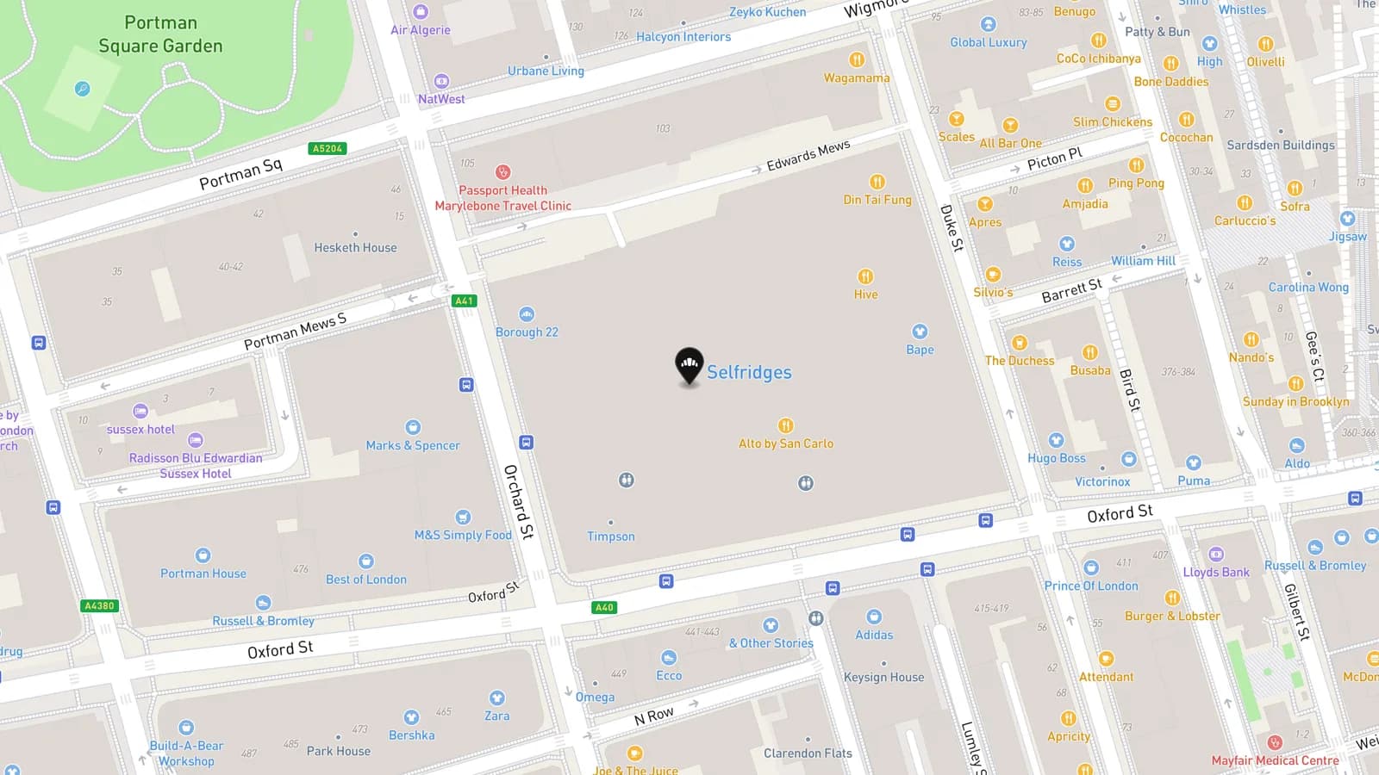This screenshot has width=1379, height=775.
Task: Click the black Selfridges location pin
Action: (x=689, y=366)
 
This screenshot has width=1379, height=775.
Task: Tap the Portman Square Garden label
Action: (x=160, y=34)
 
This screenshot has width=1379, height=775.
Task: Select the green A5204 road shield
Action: (x=328, y=148)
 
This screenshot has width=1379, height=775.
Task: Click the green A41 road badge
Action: (x=464, y=301)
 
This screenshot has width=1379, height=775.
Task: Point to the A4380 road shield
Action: (x=99, y=605)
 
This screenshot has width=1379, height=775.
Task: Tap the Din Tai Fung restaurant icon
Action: (x=877, y=182)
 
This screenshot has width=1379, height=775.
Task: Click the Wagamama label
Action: (x=856, y=78)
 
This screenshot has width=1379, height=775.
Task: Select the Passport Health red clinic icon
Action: (x=502, y=172)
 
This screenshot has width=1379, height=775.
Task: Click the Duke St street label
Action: (x=952, y=227)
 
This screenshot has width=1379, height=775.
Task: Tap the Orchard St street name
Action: (x=519, y=501)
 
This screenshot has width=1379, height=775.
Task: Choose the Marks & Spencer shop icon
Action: (x=413, y=427)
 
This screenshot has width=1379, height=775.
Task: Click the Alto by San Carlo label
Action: (x=785, y=443)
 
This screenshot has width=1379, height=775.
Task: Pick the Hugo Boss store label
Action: (x=1056, y=458)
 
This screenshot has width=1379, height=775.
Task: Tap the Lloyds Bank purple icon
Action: (x=1216, y=555)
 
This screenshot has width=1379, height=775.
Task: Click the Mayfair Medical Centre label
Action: (x=1275, y=760)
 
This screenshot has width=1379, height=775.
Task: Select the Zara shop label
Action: (x=496, y=716)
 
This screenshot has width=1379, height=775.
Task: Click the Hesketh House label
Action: (x=355, y=248)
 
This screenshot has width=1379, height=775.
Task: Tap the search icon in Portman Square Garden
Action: (x=82, y=89)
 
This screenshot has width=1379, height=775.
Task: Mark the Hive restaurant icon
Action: (x=865, y=276)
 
